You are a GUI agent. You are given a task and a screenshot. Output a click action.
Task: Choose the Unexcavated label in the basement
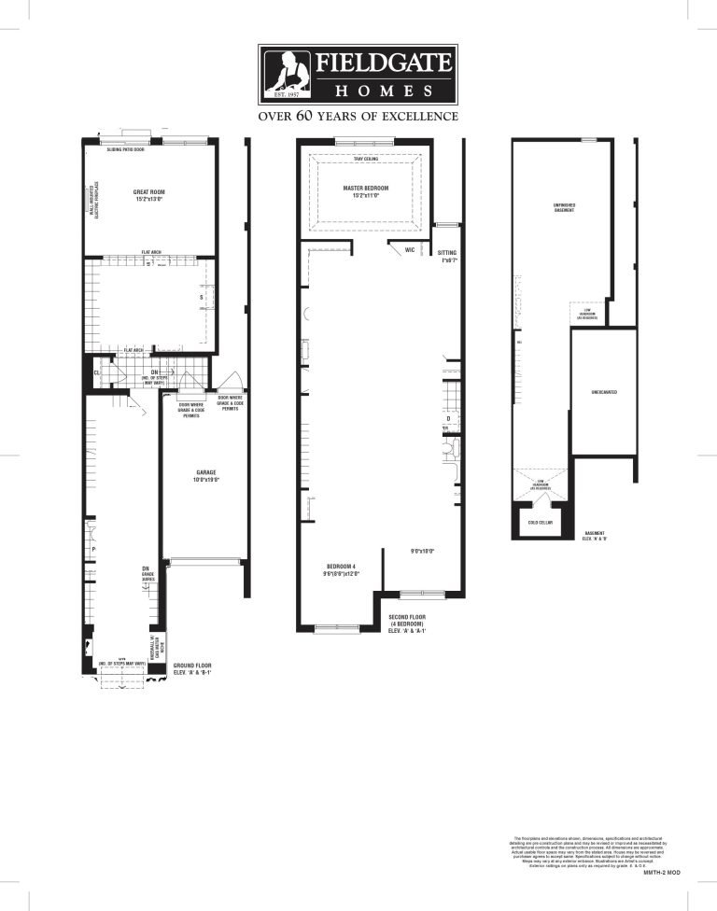[x=604, y=392]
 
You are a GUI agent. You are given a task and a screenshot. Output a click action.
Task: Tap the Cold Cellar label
[x=541, y=523]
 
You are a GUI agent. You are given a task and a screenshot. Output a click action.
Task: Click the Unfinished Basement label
[x=562, y=208]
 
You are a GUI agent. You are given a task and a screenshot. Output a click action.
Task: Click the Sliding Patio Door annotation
[x=126, y=149]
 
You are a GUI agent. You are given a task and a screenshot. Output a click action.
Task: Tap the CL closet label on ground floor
[x=96, y=372]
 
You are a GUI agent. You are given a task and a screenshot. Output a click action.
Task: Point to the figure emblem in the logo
[x=288, y=72]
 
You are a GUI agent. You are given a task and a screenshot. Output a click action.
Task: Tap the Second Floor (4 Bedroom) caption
[x=408, y=621]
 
